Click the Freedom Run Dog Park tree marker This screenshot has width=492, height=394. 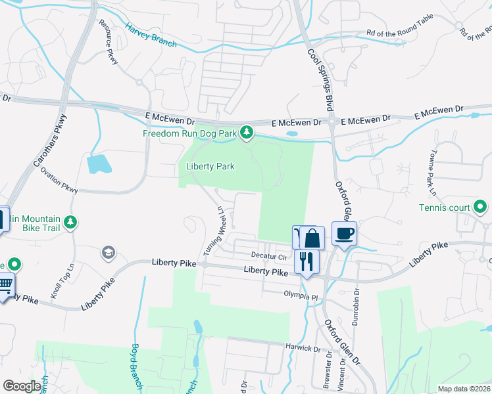click(x=247, y=133)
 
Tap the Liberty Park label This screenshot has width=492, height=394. click(x=210, y=166)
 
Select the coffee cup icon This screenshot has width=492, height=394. click(x=344, y=233)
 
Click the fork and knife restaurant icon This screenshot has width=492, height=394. click(x=307, y=262)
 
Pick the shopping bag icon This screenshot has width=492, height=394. click(x=312, y=238)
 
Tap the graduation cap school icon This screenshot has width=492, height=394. click(x=107, y=253)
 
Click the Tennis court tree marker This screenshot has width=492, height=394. click(x=481, y=208)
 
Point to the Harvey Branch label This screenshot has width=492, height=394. click(x=151, y=35)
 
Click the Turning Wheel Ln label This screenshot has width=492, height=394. click(x=215, y=231)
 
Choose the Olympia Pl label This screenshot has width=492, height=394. click(x=301, y=295)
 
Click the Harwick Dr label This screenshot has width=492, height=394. click(x=302, y=345)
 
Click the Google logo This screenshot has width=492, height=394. click(x=22, y=386)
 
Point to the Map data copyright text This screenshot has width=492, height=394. click(x=464, y=389)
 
